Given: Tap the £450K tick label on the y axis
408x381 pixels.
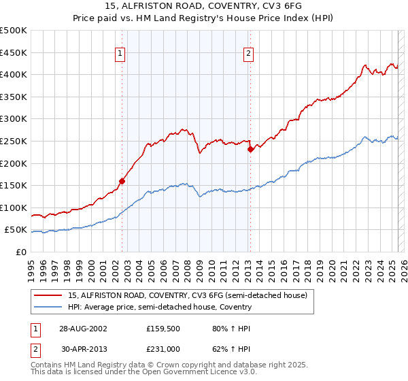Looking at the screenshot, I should (x=14, y=52).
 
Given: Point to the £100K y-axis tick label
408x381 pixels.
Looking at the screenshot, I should (x=14, y=208).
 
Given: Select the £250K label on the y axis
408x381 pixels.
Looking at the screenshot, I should (x=14, y=141).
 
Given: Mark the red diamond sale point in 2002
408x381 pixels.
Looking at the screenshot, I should (x=122, y=181).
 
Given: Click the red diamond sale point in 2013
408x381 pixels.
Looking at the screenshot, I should (x=250, y=149).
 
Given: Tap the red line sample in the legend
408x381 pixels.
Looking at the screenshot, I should (x=48, y=295).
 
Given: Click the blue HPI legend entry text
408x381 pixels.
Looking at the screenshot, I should (x=160, y=307).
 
